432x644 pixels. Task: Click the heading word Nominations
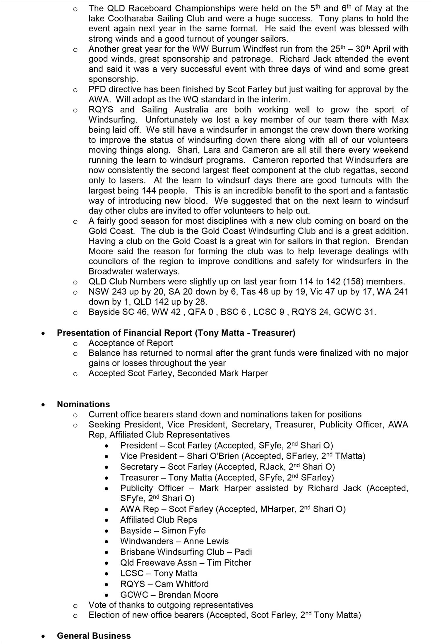click(83, 404)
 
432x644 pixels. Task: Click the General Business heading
click(94, 636)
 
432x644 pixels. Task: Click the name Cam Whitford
click(182, 584)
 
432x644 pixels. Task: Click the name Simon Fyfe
click(184, 530)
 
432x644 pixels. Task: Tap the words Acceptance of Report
click(131, 343)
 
